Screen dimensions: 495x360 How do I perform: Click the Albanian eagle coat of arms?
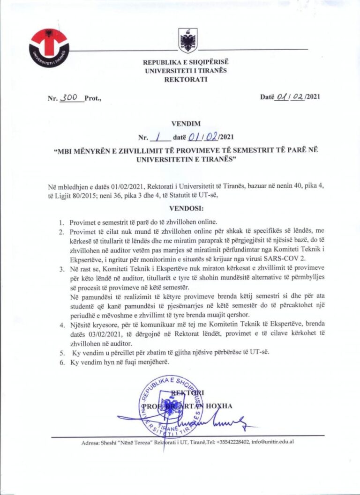(x=189, y=40)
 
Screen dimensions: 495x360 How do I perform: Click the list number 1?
(x=62, y=222)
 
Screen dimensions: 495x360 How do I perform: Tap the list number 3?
(x=62, y=269)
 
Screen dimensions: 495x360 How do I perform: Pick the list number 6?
(x=62, y=362)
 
